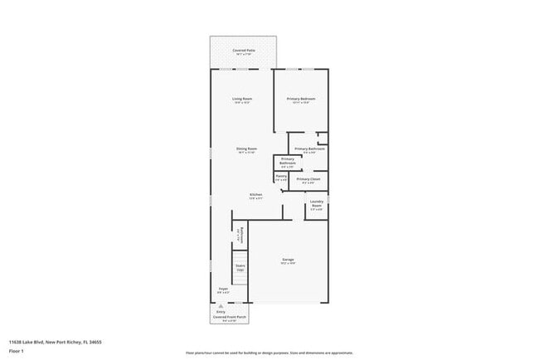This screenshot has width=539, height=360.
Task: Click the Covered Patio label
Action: pos(243,50)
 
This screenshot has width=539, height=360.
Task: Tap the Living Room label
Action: pos(242,99)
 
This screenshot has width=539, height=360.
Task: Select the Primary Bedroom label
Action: pos(301,99)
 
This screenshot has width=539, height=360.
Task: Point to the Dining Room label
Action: pos(246,148)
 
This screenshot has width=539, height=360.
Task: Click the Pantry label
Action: pos(281,175)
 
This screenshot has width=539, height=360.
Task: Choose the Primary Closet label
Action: pos(308,179)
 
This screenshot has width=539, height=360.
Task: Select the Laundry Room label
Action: pos(317,202)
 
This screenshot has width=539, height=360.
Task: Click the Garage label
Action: pos(287,259)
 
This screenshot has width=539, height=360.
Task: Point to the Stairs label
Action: pos(240,266)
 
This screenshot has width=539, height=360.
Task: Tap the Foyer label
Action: pos(223,289)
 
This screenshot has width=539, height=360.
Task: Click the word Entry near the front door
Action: pos(221,312)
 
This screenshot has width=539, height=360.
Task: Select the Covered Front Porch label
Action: pos(228,317)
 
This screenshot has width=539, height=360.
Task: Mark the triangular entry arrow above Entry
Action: pos(221,305)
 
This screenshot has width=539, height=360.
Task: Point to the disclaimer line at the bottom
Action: pos(269,353)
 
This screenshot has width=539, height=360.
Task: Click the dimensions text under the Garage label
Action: pos(287,263)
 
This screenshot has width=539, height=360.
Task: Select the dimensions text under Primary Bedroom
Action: pos(301,103)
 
